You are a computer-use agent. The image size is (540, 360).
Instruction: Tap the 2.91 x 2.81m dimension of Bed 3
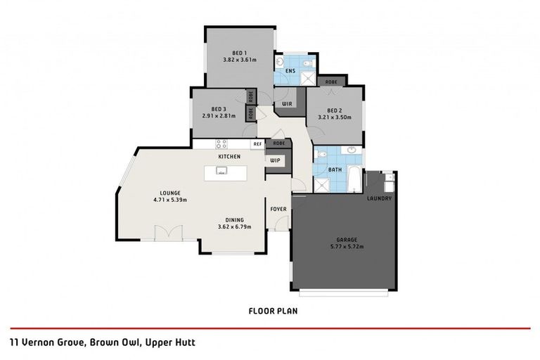218,116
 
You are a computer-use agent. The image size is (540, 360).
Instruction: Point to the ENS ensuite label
289,71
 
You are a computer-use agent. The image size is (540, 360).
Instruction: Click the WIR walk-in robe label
287,103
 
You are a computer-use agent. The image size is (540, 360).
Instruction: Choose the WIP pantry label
275,160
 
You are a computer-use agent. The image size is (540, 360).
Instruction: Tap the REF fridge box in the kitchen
257,143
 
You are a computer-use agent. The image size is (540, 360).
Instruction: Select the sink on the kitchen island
222,170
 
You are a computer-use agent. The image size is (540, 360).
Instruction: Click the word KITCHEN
229,156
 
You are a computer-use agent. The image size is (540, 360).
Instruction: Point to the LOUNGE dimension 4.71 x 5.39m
170,200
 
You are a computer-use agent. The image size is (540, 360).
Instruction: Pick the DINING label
235,219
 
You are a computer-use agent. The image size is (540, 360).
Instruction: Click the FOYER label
278,209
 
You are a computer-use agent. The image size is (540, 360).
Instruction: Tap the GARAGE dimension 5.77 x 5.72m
345,247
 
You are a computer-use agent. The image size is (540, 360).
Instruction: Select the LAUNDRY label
379,198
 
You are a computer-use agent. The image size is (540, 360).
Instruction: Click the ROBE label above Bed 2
330,82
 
